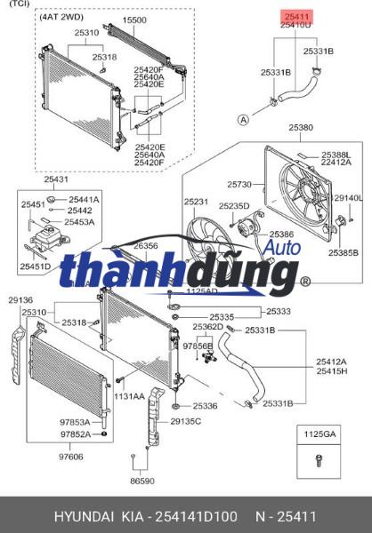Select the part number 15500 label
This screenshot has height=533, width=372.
click(134, 20)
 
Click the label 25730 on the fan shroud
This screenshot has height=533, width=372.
click(239, 184)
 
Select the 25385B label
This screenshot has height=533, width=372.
click(342, 253)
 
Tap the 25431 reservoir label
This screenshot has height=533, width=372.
click(56, 179)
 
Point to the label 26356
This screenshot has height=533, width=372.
click(146, 246)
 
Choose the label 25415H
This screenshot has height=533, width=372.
click(331, 371)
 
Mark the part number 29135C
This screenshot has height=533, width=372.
click(187, 420)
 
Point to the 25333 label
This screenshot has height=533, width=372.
click(279, 312)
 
